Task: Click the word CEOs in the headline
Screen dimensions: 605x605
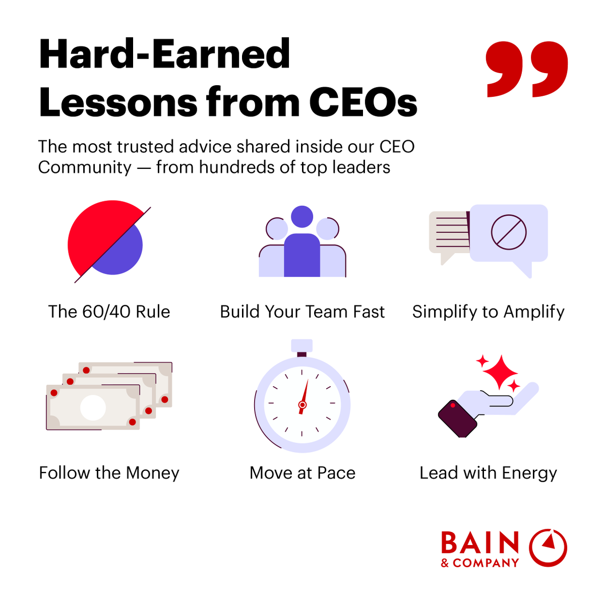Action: click(x=363, y=102)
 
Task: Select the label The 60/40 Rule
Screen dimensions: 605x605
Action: click(x=109, y=312)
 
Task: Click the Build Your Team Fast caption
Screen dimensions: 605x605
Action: click(x=302, y=312)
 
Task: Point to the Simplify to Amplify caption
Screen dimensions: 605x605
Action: click(x=488, y=312)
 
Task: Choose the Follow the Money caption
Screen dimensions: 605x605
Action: click(x=109, y=473)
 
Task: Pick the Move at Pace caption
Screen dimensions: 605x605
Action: click(x=302, y=473)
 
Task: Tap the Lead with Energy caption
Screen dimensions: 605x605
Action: click(x=488, y=473)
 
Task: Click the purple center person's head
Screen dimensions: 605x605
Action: click(x=302, y=217)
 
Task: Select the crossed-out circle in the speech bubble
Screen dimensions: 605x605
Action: click(x=509, y=232)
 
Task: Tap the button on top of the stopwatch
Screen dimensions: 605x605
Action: click(x=302, y=346)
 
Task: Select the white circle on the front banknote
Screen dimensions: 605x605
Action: click(x=93, y=408)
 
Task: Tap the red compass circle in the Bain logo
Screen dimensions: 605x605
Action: click(x=548, y=548)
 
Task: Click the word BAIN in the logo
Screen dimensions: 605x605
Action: click(x=479, y=543)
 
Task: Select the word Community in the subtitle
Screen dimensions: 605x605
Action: click(x=85, y=167)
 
